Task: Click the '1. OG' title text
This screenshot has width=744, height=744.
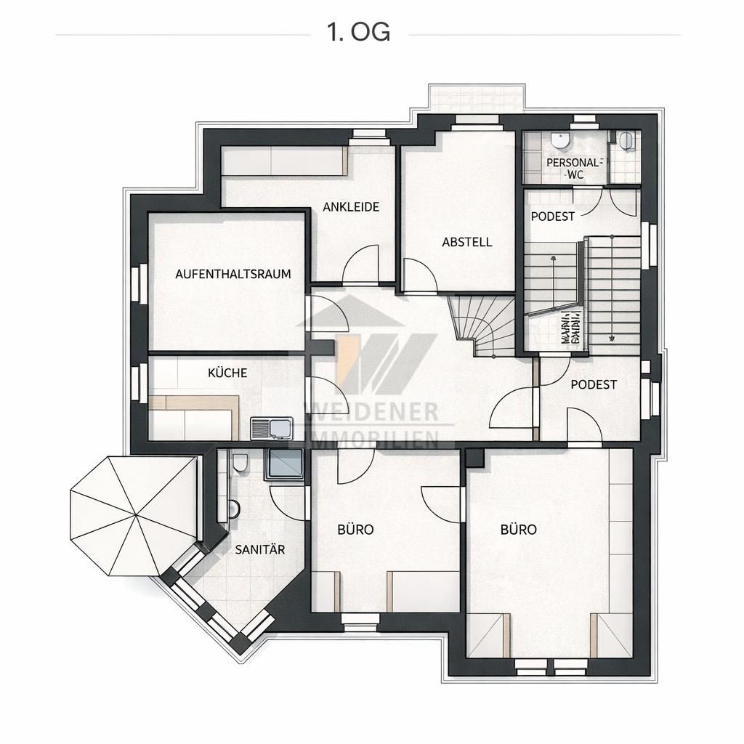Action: tap(359, 33)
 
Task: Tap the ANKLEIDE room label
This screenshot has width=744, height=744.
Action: tap(351, 207)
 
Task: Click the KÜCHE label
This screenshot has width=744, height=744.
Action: tap(227, 373)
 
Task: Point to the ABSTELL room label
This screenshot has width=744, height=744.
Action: tap(467, 242)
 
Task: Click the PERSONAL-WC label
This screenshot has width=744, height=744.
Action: tap(574, 168)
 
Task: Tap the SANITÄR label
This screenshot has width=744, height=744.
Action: tap(259, 550)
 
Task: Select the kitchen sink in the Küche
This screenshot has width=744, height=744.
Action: tap(272, 429)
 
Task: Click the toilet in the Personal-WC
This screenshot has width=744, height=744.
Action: tap(559, 139)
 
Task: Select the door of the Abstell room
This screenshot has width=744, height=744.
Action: tap(421, 276)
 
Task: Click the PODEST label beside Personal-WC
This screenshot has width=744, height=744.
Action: tap(553, 216)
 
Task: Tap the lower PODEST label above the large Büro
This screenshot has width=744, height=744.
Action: tap(593, 384)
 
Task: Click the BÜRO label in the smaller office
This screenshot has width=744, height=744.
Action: tap(355, 530)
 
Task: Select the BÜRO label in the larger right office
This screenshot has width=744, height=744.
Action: tap(518, 530)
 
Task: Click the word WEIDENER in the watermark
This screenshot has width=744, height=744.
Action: tap(375, 413)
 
